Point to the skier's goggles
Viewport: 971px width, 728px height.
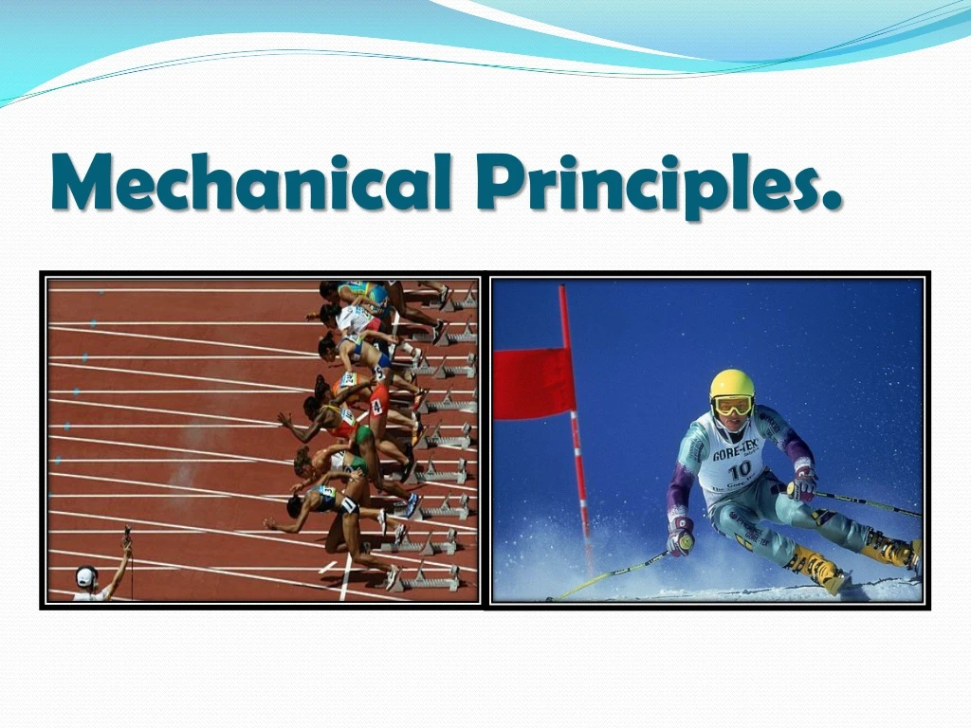pos(731,405)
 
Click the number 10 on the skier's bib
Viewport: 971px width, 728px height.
pos(739,468)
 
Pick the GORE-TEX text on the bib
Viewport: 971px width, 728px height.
pos(737,450)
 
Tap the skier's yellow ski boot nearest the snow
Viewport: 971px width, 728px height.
pos(816,569)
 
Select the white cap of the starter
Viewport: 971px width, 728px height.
pos(86,575)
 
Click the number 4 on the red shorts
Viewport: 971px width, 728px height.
pos(376,405)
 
